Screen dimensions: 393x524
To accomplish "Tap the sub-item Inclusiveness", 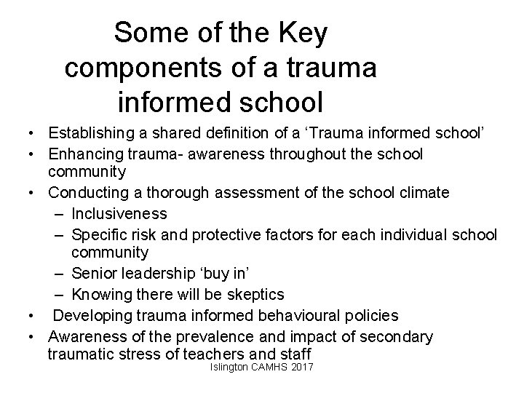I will coord(119,214).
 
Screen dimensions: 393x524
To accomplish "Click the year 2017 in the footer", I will coord(298,369).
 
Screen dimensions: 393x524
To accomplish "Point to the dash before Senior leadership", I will coord(58,274).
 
